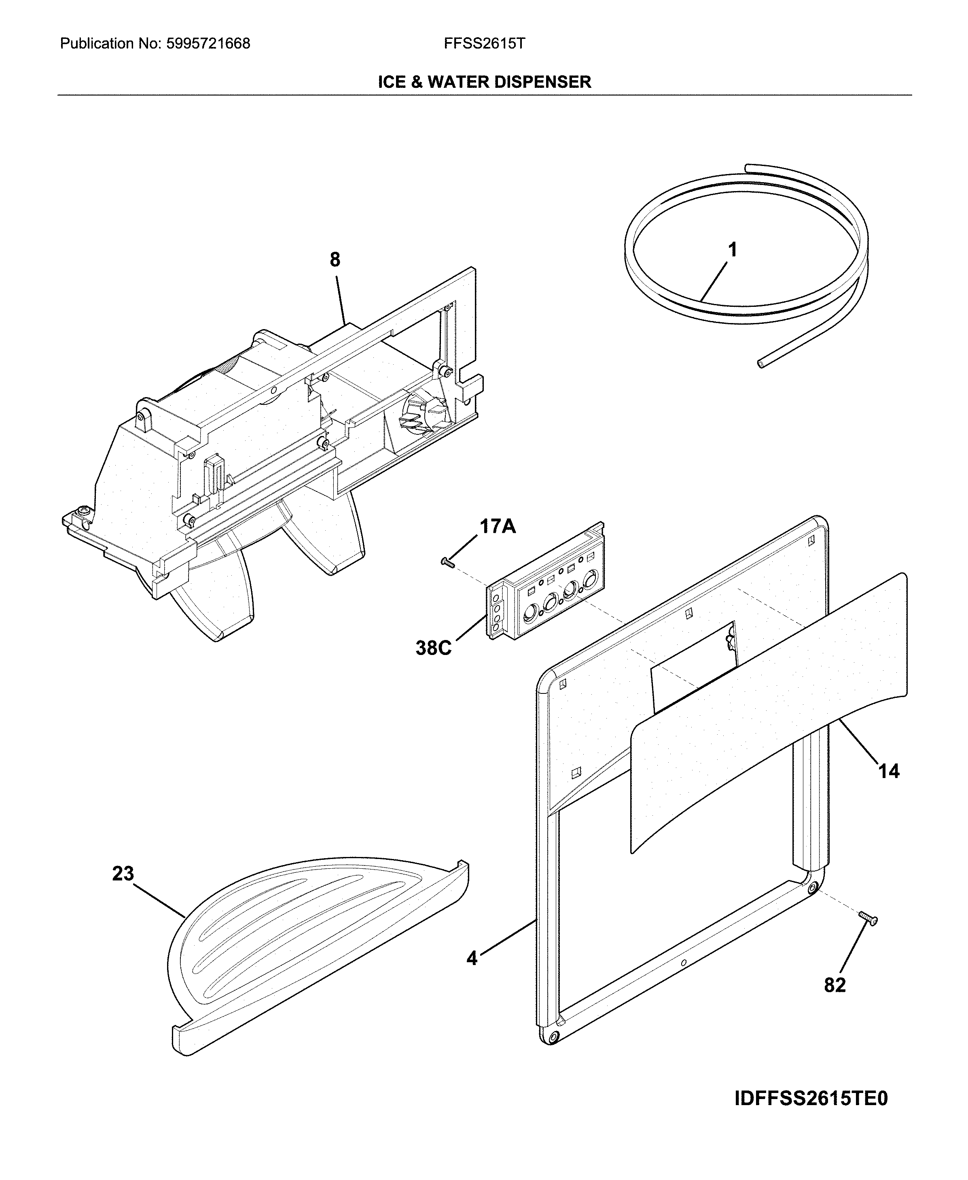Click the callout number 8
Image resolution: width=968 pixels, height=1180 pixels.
[x=335, y=259]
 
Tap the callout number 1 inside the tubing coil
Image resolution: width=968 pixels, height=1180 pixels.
[x=733, y=250]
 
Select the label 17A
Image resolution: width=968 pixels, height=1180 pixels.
[x=498, y=526]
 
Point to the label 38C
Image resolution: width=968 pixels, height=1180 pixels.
[x=433, y=648]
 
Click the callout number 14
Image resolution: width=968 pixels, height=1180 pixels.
[x=889, y=772]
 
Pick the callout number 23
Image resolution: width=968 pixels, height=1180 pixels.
[x=123, y=874]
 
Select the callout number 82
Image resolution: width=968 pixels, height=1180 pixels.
[x=835, y=985]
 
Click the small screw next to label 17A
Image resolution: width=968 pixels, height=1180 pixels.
[x=448, y=563]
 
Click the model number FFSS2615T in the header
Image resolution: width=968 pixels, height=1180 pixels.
[x=484, y=44]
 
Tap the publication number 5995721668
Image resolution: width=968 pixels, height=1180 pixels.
[x=208, y=44]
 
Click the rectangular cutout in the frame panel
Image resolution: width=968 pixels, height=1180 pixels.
[x=694, y=667]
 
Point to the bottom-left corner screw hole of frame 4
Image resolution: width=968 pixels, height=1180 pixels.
[x=553, y=1037]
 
